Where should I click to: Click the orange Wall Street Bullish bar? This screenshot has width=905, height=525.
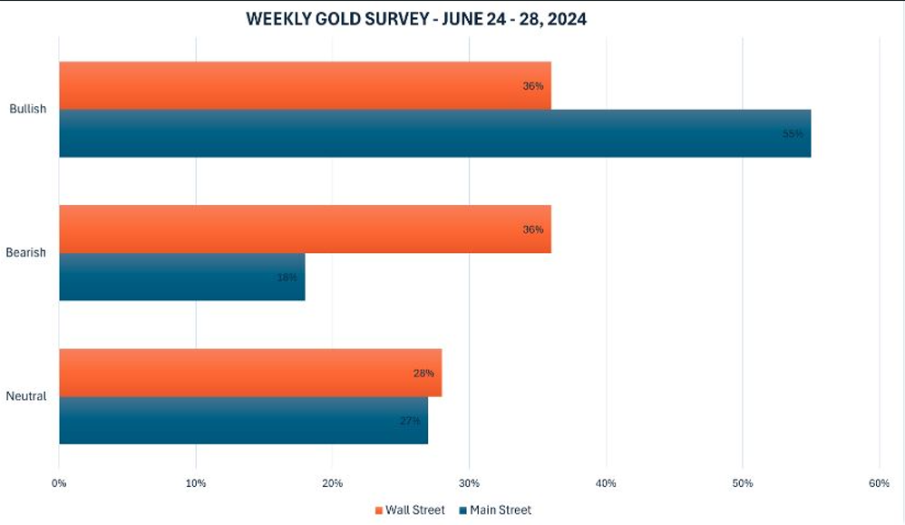point(305,85)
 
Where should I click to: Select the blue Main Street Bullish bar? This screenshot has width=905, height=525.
point(435,133)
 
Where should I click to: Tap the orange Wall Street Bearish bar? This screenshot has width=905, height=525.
point(305,228)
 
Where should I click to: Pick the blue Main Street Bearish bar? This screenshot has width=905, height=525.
point(181,277)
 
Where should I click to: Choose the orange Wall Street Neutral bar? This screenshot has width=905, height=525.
point(250,373)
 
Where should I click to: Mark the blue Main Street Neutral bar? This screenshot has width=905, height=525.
point(243,421)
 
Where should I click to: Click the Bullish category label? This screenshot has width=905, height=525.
point(27,109)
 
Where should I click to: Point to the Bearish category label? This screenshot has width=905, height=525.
point(25,253)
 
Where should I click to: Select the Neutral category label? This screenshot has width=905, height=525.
point(25,396)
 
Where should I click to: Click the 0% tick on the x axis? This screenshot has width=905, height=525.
point(59,483)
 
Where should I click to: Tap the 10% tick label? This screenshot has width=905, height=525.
point(196,483)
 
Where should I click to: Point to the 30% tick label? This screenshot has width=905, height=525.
point(469,483)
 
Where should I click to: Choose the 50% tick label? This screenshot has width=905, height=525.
point(742,483)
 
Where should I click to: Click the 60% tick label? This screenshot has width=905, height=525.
point(879,483)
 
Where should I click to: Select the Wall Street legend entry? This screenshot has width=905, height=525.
point(410,510)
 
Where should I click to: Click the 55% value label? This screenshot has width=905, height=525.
point(792,133)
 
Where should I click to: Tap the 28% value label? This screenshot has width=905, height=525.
point(423,373)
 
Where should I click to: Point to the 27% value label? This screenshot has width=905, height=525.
point(409,421)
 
